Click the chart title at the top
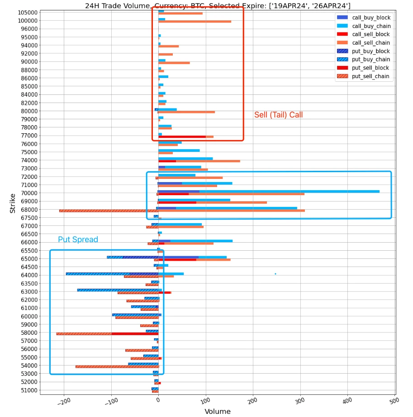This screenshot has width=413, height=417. coord(218,5)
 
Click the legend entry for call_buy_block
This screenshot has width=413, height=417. coord(371,18)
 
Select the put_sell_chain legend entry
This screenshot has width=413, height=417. coord(370,76)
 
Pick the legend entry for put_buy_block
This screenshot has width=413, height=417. coord(370,51)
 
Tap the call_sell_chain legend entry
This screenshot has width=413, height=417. coord(371,43)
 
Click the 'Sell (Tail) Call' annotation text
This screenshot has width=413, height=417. coord(278,115)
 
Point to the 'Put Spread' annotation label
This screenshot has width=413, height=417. coord(78,239)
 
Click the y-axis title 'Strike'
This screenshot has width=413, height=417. coord(13,203)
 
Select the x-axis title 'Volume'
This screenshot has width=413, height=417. coord(218,411)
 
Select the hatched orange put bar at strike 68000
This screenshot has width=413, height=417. coord(109,211)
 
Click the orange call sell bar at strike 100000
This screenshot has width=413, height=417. coord(195,22)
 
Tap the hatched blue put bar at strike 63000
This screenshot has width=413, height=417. coord(118,290)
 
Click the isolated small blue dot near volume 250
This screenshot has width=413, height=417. coord(275,274)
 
